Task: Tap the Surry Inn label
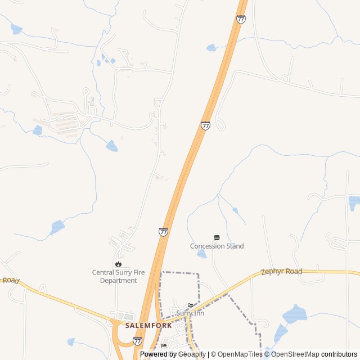pos(190,313)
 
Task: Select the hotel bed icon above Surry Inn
pos(190,305)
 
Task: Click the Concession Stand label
pos(217,246)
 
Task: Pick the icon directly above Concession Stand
pos(217,238)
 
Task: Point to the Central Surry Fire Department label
pos(118,276)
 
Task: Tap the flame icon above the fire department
pos(118,264)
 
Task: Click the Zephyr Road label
pos(282,272)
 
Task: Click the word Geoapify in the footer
pos(193,354)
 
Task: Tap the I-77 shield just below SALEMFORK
pos(138,341)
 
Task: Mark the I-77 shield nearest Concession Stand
pos(163,232)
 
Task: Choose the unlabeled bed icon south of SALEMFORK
pos(164,345)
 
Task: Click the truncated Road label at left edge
pos(10,280)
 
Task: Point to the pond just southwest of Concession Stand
pos(201,254)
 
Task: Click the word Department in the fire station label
pos(118,280)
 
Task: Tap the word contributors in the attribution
pos(339,354)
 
